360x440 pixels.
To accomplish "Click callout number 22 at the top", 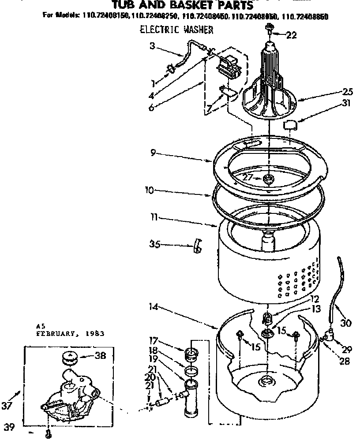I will point(292,36).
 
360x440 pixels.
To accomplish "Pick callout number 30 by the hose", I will point(346,323).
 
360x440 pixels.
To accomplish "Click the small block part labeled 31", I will point(290,125).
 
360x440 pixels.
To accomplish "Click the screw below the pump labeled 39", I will point(48,434).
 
